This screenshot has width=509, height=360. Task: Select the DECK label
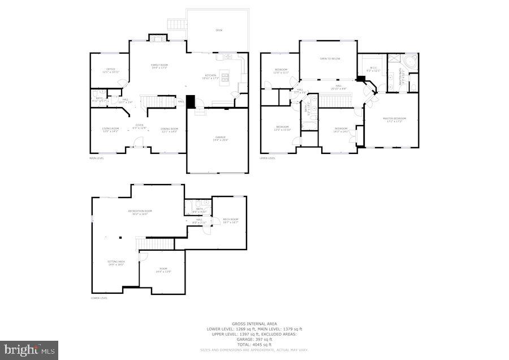[218, 30]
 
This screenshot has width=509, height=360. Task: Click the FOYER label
[139, 126]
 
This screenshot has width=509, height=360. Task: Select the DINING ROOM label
[169, 130]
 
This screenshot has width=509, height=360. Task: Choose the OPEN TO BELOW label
[330, 58]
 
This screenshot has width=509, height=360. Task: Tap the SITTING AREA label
[117, 262]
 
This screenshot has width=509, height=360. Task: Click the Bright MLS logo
[29, 350]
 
